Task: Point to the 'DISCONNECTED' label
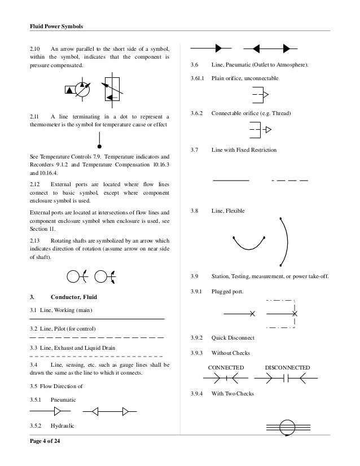pyautogui.click(x=287, y=367)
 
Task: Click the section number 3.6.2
pyautogui.click(x=198, y=113)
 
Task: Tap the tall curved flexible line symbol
pyautogui.click(x=284, y=241)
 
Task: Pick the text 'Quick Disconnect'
pyautogui.click(x=232, y=337)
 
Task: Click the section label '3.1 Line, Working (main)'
pyautogui.click(x=62, y=311)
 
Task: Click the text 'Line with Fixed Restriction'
pyautogui.click(x=244, y=151)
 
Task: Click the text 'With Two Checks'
pyautogui.click(x=231, y=393)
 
